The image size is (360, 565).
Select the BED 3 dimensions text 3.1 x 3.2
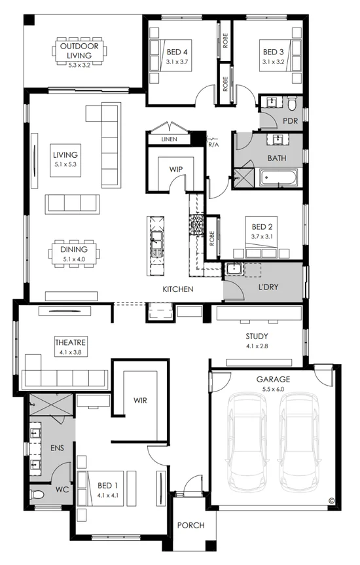point(274,62)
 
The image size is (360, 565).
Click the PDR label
point(290,120)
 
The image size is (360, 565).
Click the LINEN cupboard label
point(162,139)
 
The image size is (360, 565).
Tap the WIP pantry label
point(175,169)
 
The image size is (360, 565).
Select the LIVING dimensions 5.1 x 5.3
point(65,164)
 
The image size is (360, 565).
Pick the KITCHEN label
point(178,289)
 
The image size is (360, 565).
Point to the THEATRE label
point(71,342)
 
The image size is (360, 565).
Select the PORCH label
point(191,525)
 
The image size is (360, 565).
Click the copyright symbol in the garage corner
point(331,501)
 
